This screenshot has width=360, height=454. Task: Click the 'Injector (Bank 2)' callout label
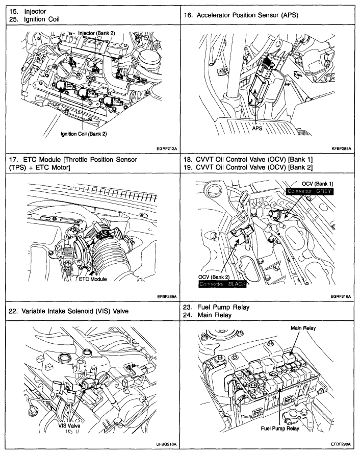(x=96, y=33)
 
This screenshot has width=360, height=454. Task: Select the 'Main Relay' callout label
(x=303, y=328)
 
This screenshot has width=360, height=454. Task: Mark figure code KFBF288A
(x=343, y=149)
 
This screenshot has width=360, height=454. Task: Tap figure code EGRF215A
(x=343, y=296)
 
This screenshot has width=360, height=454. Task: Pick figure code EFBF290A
(x=343, y=445)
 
